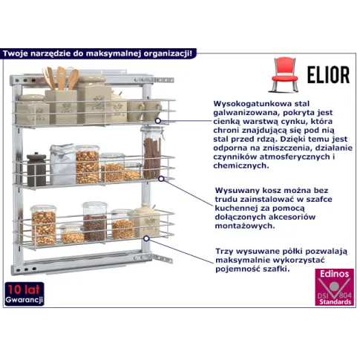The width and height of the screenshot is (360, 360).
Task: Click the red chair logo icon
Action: [284, 74]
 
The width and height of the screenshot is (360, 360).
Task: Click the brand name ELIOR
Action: [328, 75]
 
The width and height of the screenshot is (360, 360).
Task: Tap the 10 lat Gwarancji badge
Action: [24, 294]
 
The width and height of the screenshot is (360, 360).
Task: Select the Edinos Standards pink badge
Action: [334, 287]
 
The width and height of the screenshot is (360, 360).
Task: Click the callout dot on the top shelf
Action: [158, 121]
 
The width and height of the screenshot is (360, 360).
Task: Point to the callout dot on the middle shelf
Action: [161, 179]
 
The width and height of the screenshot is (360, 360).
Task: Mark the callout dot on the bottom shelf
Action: [146, 238]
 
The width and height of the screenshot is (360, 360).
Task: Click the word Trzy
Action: [224, 252]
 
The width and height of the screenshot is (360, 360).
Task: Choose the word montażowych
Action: [245, 226]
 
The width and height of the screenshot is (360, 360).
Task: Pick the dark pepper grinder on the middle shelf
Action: [36, 169]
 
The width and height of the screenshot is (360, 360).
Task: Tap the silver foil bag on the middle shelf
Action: [63, 164]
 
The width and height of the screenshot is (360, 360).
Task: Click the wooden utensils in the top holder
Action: [60, 78]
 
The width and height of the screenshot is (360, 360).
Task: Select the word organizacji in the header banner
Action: [168, 53]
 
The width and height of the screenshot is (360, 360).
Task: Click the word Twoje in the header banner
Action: [16, 53]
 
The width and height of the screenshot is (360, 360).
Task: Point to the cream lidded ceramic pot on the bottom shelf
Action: [145, 220]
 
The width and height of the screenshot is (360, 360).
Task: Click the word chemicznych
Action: [241, 166]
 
